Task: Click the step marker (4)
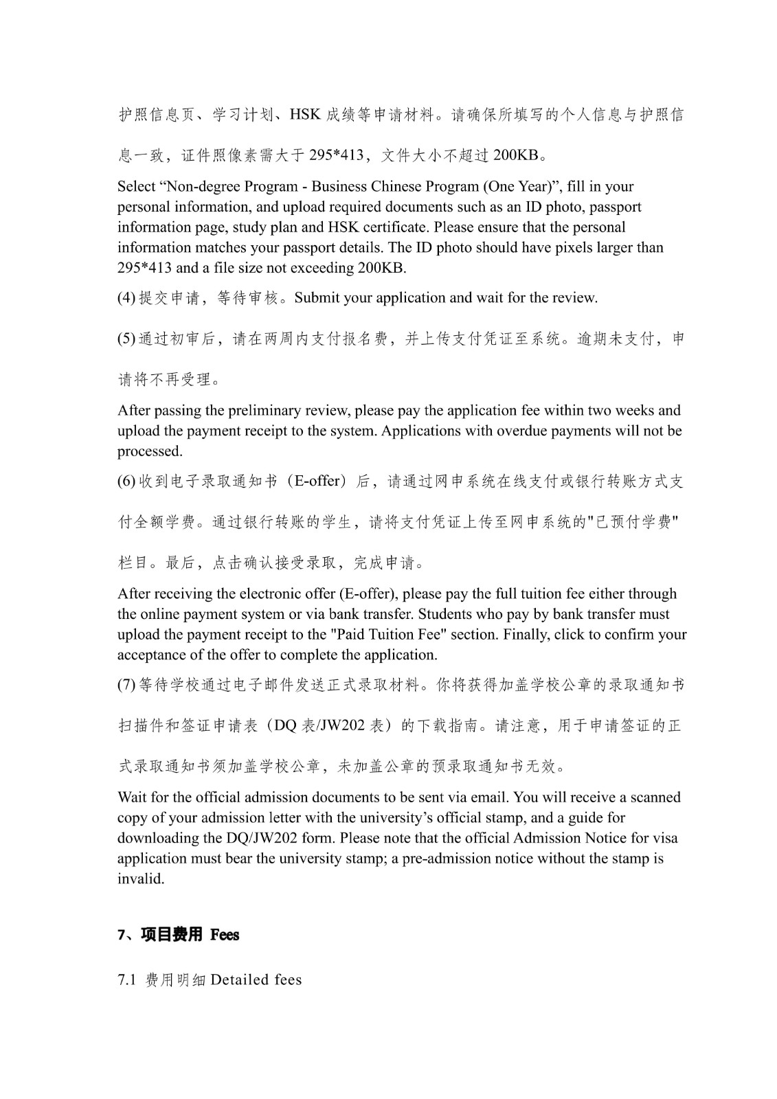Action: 126,298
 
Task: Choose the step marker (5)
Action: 126,339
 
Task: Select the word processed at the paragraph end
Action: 149,451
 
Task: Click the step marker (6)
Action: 126,481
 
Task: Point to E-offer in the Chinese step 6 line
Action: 317,481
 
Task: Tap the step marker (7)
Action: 126,685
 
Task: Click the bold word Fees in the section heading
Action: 225,935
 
